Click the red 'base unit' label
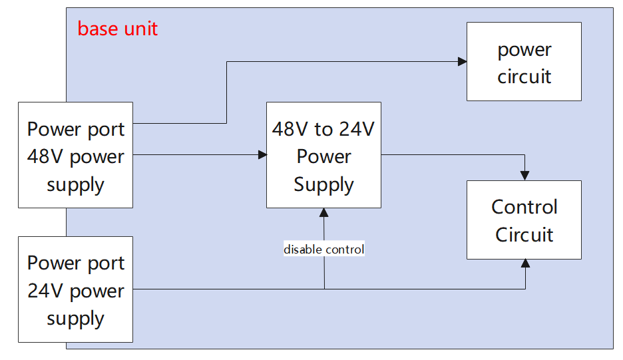point(118,29)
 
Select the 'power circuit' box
point(524,62)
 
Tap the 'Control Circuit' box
point(524,220)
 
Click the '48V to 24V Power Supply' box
point(324,155)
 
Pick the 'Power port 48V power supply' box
point(75,155)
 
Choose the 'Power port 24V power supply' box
point(75,289)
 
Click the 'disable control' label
point(324,249)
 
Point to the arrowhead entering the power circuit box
point(463,62)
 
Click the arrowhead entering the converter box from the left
point(262,154)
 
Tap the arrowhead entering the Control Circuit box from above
point(525,176)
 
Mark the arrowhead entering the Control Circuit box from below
point(525,264)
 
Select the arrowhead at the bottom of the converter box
point(324,212)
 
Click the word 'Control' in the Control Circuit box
point(524,207)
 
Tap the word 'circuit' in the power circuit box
point(524,77)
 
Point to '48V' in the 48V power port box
point(45,156)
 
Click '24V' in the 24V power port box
point(45,291)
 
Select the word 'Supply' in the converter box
point(324,185)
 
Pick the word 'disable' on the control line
point(303,249)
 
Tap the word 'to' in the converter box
point(324,130)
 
